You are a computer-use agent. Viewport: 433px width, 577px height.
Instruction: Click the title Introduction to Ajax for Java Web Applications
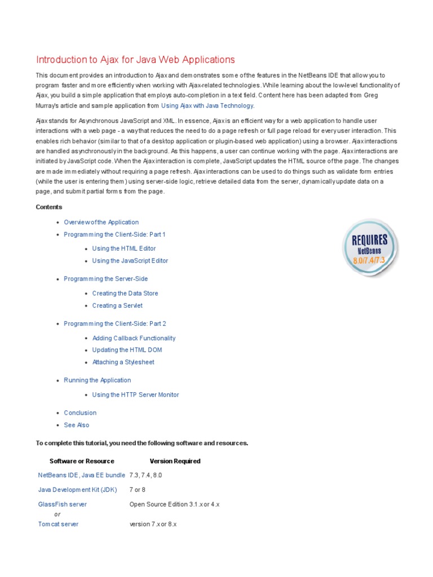click(x=135, y=60)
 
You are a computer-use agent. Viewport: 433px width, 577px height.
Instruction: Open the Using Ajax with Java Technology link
click(x=207, y=105)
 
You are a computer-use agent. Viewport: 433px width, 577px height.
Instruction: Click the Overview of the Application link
click(x=101, y=222)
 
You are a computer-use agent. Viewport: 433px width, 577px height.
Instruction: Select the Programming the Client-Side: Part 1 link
click(x=114, y=234)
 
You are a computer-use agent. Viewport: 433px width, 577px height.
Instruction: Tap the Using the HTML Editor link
click(x=123, y=248)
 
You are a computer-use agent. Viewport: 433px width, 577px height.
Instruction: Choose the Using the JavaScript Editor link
click(x=130, y=261)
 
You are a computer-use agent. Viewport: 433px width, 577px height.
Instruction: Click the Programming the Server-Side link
click(x=105, y=279)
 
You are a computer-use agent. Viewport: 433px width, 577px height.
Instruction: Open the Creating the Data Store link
click(x=125, y=294)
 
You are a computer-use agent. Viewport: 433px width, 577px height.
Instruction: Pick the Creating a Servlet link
click(x=117, y=306)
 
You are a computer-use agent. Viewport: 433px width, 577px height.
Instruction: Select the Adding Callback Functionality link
click(x=134, y=338)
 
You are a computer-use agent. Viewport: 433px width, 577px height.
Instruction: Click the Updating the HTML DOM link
click(x=127, y=350)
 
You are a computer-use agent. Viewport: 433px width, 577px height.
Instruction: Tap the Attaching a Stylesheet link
click(x=123, y=362)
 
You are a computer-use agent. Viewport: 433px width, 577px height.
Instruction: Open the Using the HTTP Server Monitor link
click(x=135, y=395)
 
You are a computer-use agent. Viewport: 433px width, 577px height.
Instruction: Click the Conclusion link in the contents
click(x=80, y=413)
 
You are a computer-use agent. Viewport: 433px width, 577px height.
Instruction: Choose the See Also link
click(x=76, y=425)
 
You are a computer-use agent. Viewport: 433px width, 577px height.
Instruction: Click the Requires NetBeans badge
click(x=370, y=248)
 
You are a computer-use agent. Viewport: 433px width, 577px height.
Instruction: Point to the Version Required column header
click(x=175, y=461)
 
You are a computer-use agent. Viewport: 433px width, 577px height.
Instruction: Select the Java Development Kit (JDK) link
click(x=77, y=490)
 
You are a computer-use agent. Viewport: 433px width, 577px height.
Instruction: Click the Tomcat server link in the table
click(x=58, y=524)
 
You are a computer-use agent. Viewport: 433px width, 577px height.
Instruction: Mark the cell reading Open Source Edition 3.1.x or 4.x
click(x=174, y=504)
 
